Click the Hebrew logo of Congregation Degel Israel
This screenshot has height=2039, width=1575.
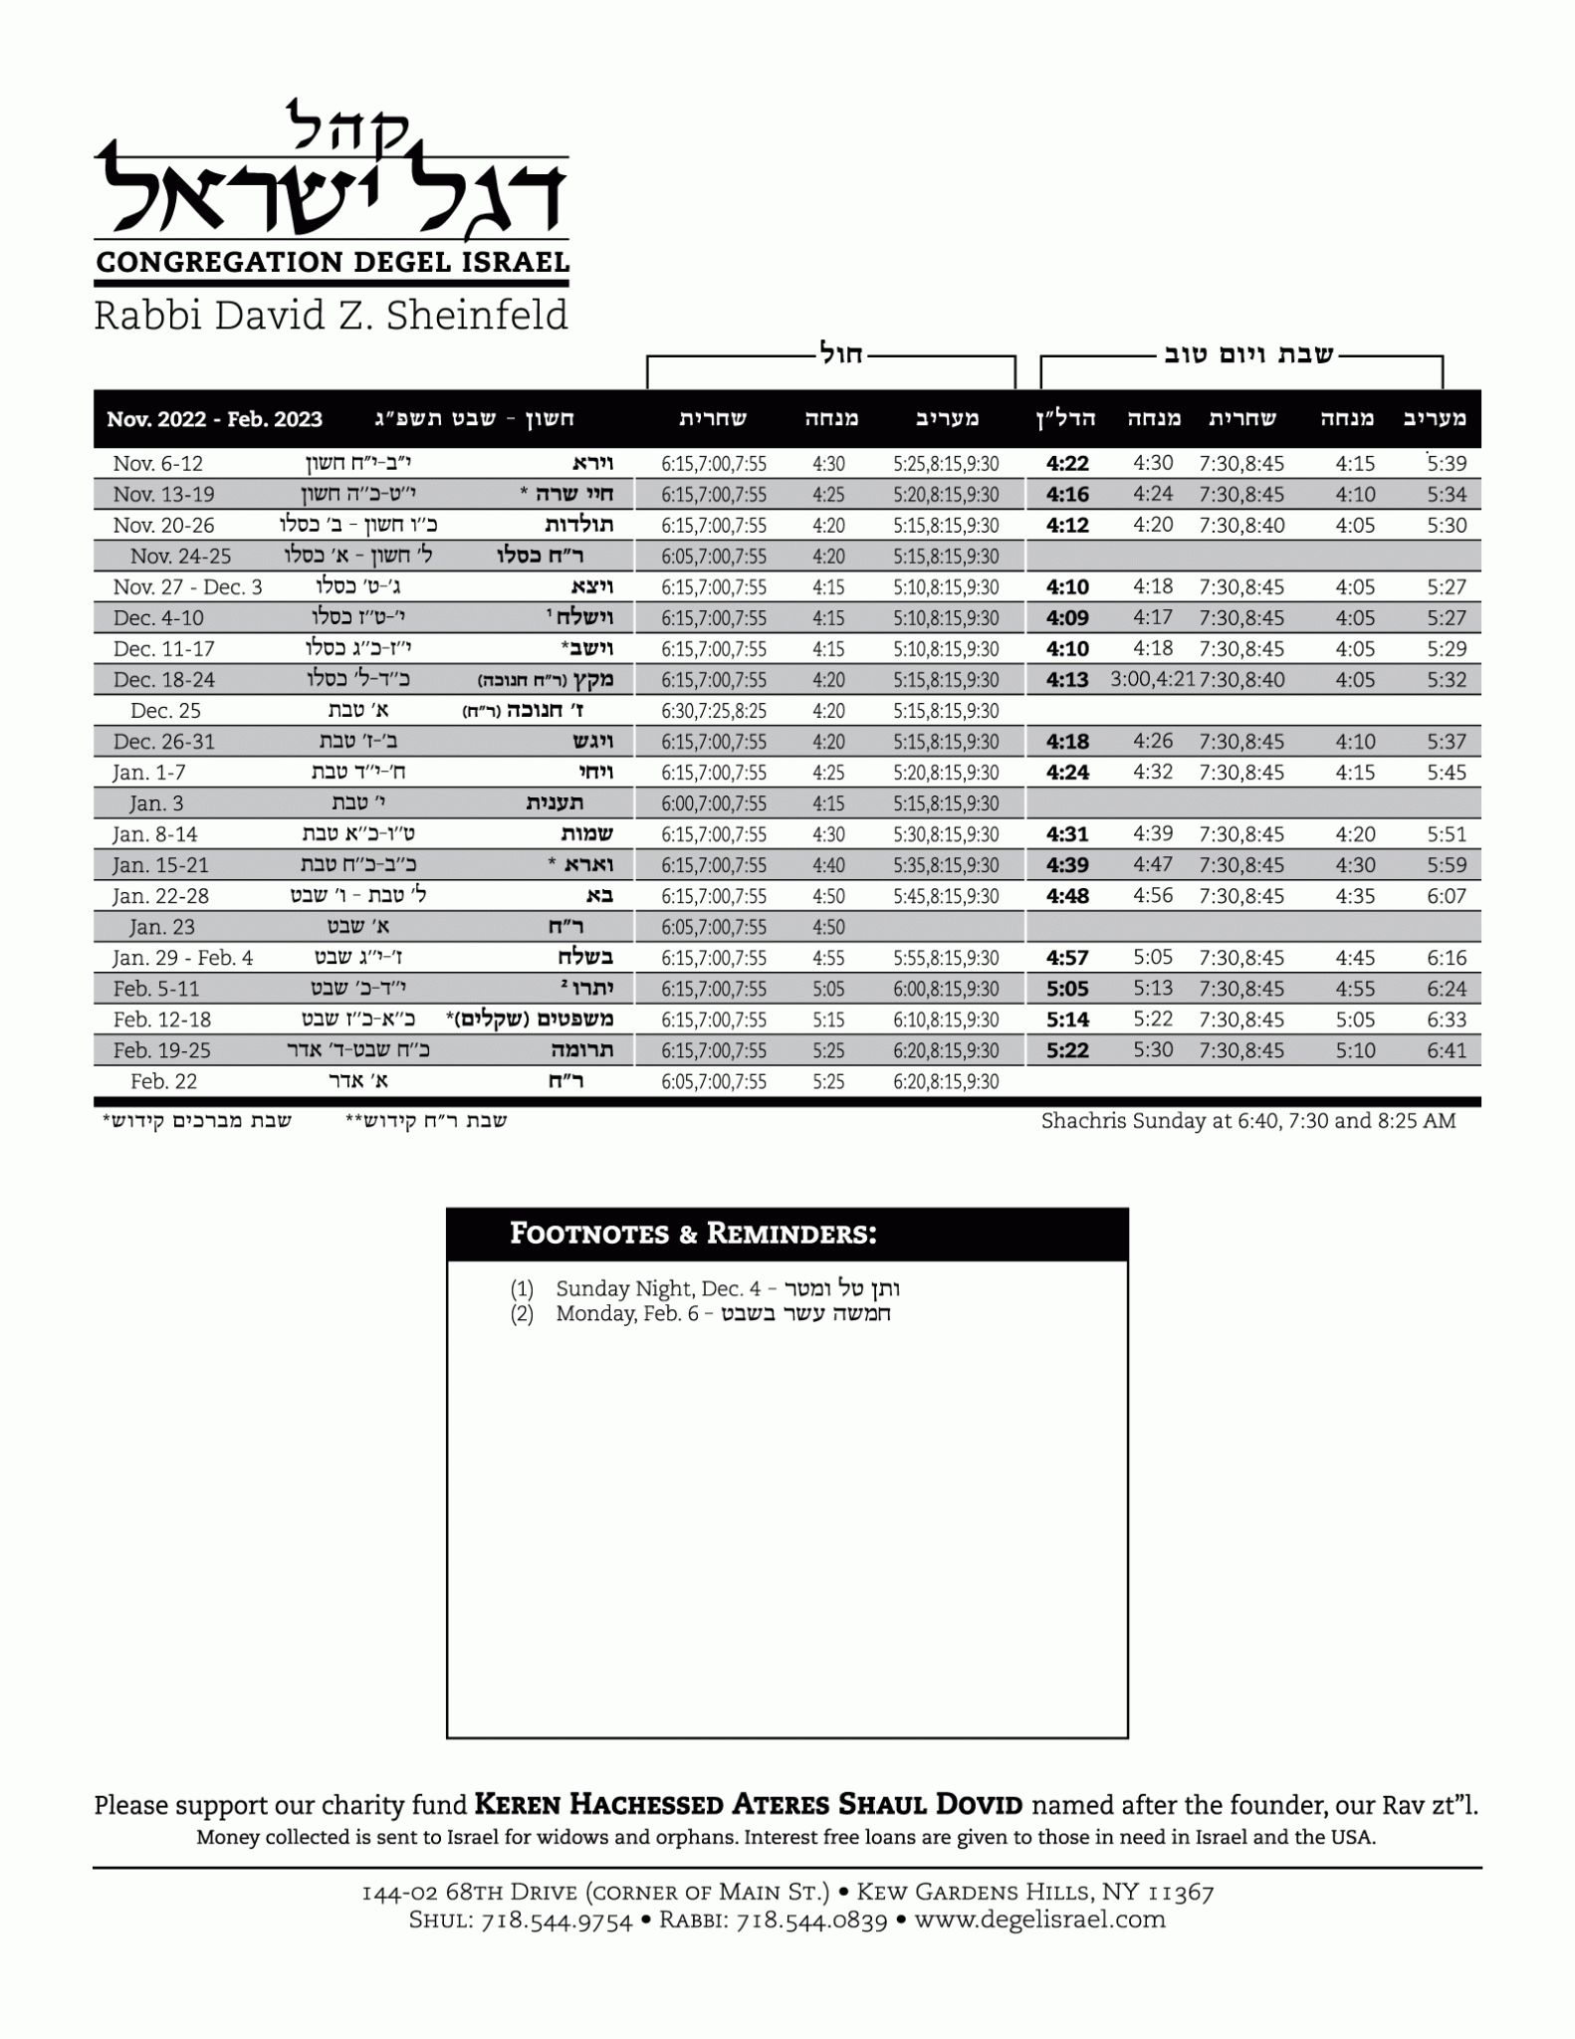tap(331, 174)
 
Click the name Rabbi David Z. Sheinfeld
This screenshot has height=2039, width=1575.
tap(331, 316)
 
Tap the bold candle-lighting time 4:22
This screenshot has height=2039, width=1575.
tap(1067, 464)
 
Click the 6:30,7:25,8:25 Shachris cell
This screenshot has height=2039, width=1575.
tap(714, 711)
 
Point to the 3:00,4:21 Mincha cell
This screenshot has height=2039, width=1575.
tap(1153, 680)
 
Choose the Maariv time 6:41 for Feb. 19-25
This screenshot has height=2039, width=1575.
tap(1446, 1050)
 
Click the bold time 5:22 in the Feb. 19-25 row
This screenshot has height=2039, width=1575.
tap(1067, 1050)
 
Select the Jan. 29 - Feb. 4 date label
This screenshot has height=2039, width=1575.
tap(183, 958)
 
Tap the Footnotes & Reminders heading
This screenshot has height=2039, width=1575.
tap(693, 1235)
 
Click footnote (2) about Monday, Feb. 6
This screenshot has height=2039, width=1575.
tap(701, 1314)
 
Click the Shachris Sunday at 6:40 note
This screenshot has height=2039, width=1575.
tap(1248, 1121)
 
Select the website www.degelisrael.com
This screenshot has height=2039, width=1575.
tap(1039, 1920)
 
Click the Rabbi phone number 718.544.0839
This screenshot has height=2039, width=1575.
tap(810, 1921)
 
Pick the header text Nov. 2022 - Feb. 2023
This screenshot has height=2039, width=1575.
tap(214, 419)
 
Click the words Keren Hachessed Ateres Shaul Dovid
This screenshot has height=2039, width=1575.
tap(749, 1804)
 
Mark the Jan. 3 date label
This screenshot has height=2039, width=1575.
tap(156, 803)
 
